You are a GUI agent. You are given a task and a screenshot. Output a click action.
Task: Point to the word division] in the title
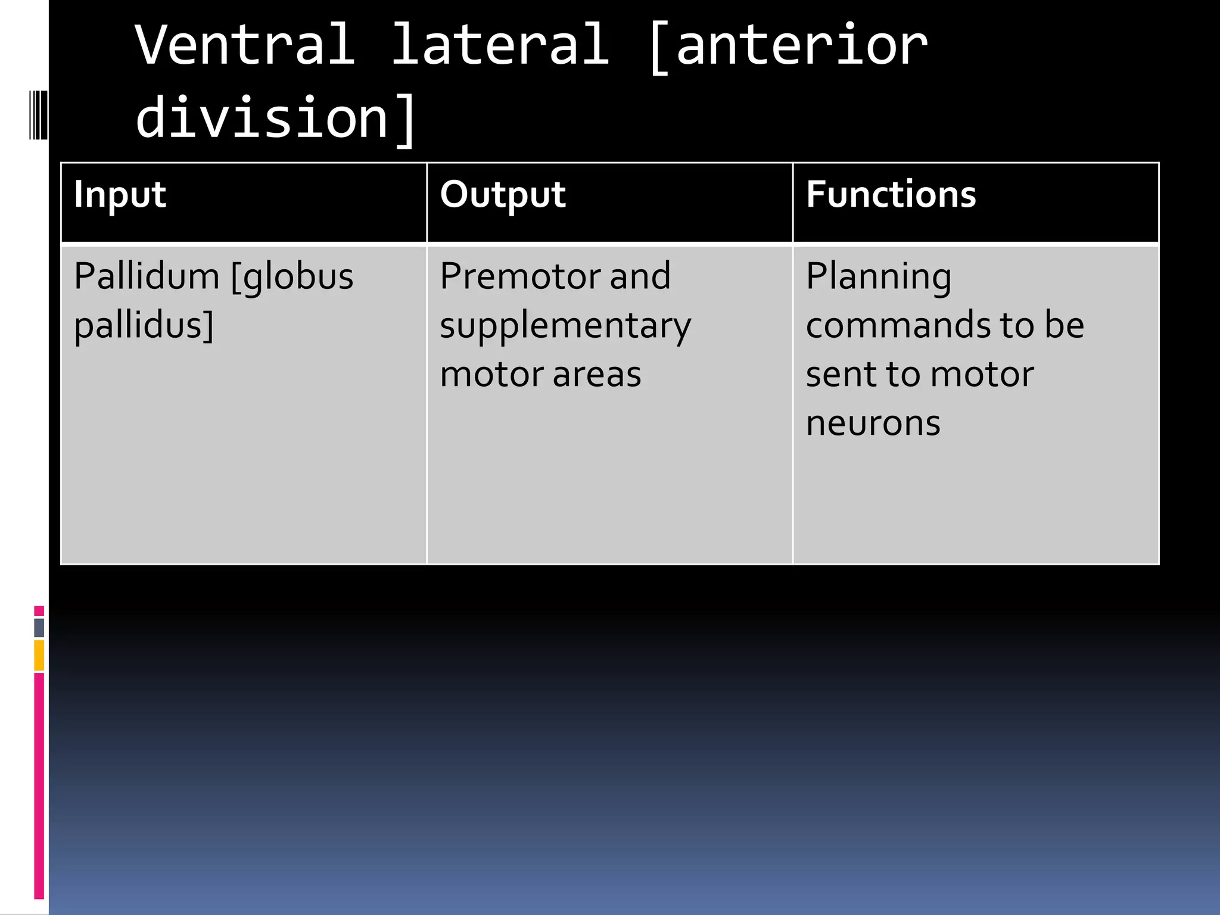click(275, 118)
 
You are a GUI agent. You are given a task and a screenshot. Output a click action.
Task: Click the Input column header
click(120, 195)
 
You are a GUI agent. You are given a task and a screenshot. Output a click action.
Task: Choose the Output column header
click(503, 195)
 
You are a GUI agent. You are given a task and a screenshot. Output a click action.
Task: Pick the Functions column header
click(891, 195)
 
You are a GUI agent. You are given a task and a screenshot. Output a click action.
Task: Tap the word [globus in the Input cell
click(292, 278)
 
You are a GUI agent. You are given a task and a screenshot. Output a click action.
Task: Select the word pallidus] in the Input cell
click(144, 326)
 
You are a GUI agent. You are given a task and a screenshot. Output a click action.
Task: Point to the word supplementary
click(565, 327)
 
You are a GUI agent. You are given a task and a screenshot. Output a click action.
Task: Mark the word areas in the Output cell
click(597, 375)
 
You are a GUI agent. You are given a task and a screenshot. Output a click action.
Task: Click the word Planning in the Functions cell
click(879, 278)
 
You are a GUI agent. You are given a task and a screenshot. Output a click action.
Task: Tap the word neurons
click(873, 424)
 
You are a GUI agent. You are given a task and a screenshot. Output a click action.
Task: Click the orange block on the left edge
click(39, 655)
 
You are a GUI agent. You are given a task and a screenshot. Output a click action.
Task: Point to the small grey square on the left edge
click(39, 627)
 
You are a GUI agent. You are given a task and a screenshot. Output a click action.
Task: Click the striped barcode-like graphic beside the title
click(38, 114)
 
